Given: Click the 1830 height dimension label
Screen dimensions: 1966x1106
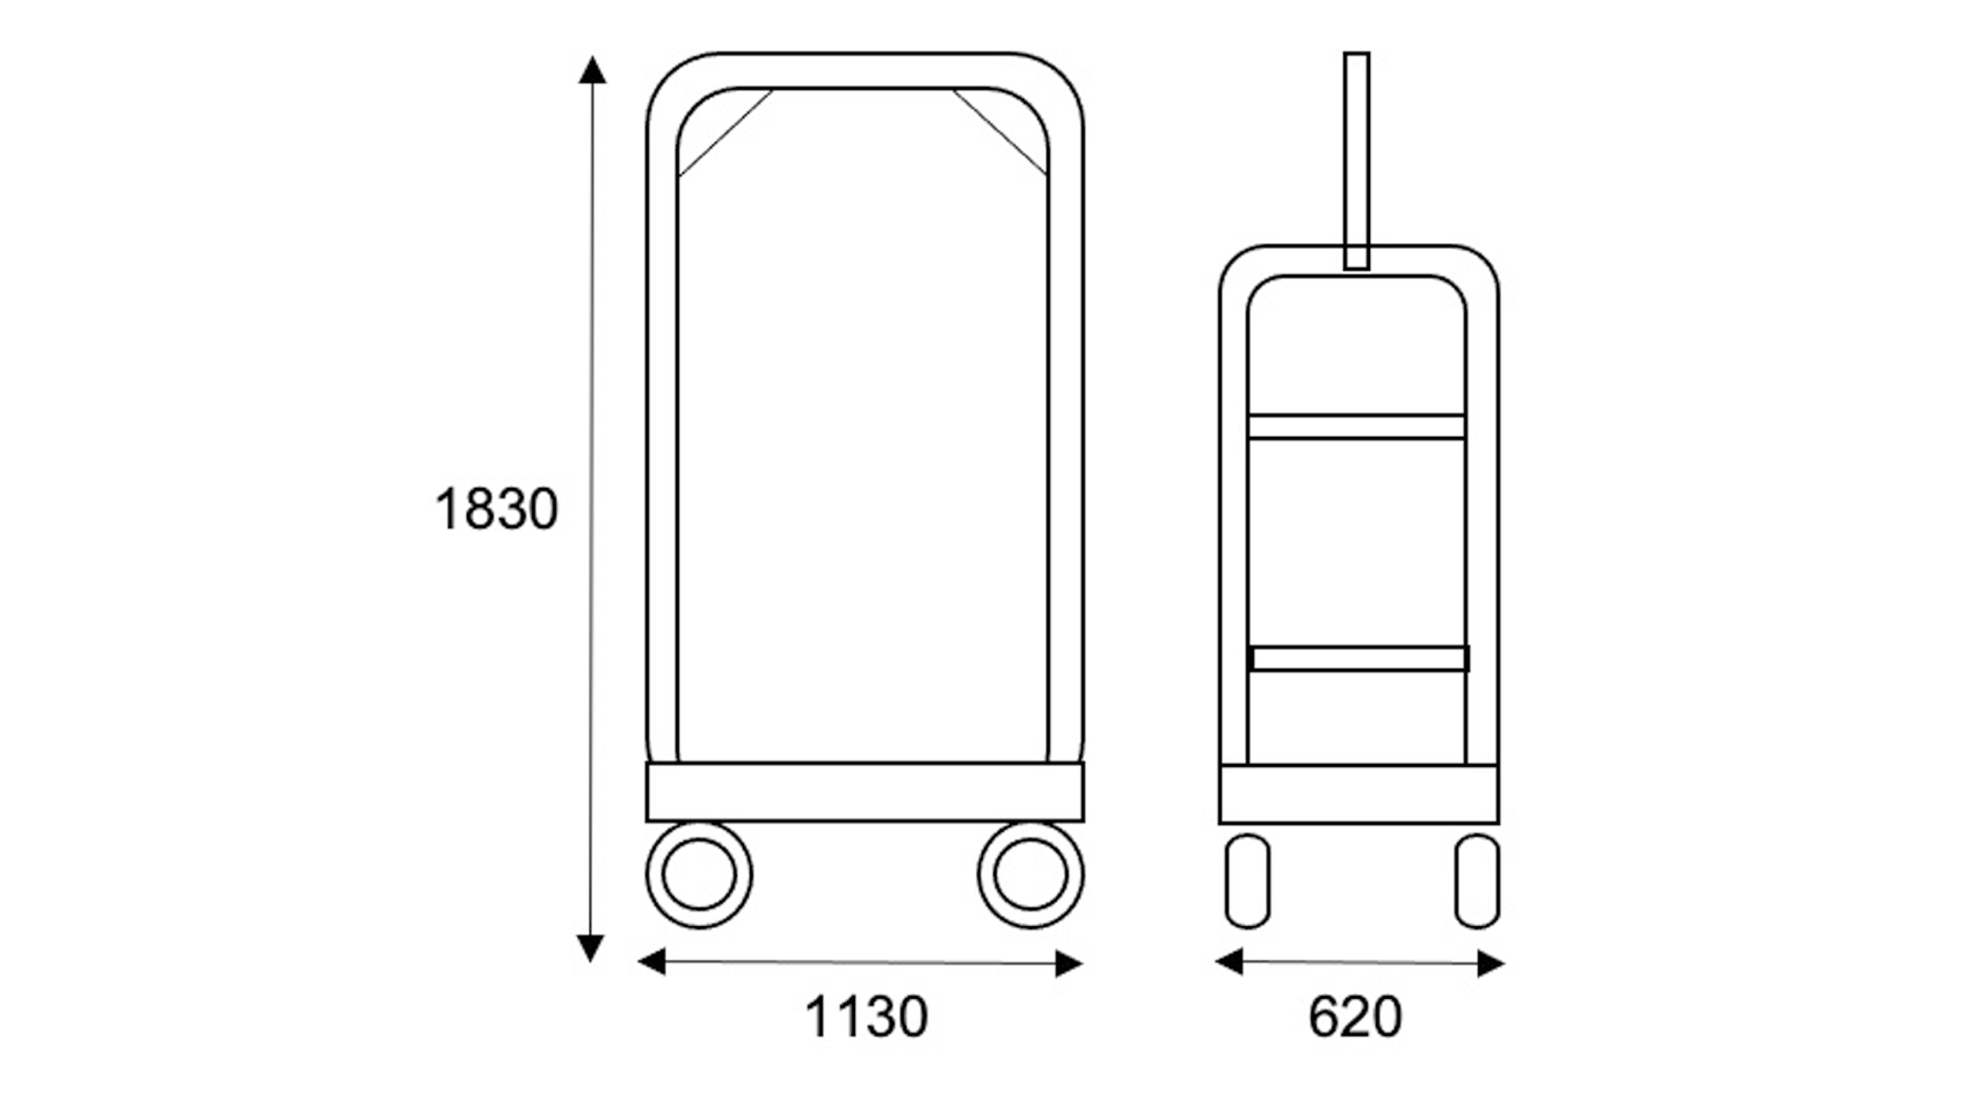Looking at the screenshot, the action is tap(496, 509).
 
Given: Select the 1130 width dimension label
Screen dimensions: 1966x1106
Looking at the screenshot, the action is tap(866, 1016).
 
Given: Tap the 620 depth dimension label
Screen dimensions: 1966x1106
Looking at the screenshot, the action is tap(1355, 1016).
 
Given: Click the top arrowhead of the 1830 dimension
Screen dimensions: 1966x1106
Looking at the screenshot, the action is tap(592, 69).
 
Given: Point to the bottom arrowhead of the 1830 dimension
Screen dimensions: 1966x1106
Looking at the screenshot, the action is tap(591, 949).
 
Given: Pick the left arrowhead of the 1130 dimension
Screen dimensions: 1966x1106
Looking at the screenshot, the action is tap(652, 961).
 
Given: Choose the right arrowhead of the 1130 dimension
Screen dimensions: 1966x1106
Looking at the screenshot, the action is tap(1069, 964).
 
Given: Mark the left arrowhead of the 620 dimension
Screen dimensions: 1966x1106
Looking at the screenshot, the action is tap(1229, 961).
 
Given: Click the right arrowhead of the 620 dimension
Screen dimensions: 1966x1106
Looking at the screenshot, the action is tap(1490, 964).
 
